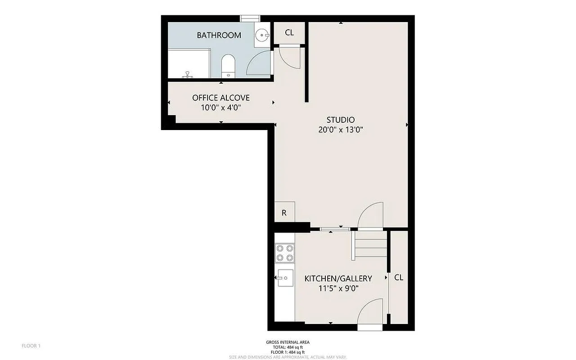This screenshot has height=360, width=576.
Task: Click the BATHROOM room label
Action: coord(219,35)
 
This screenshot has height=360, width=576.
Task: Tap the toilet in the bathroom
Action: coord(228,66)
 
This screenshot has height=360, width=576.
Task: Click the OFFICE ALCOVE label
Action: coord(220,98)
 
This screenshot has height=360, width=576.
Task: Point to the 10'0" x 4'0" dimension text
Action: coord(220,108)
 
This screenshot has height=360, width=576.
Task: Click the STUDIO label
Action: coord(340,120)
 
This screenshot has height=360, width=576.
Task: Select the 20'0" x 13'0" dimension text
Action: coord(340,130)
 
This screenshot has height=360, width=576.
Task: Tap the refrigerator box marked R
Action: coord(284,213)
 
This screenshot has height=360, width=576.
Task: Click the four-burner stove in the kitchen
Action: coord(284,253)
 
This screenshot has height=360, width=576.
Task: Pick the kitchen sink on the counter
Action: coord(284,278)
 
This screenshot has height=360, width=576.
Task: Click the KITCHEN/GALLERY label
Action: coord(338,279)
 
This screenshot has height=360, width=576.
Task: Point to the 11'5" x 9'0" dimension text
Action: coord(338,289)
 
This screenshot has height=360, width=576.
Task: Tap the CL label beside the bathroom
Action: coord(289,32)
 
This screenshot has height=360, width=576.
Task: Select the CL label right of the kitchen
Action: coord(398,278)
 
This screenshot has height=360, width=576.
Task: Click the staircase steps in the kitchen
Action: coord(370,245)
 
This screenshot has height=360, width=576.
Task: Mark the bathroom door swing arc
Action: coord(260,63)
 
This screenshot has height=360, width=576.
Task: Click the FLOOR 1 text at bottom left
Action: coord(31,346)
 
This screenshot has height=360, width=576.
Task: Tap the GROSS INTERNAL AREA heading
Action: coord(288,342)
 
